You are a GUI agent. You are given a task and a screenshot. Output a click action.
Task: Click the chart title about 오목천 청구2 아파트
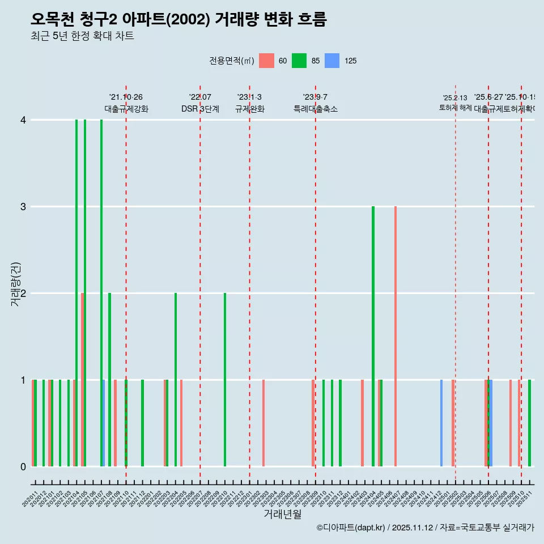[178, 19]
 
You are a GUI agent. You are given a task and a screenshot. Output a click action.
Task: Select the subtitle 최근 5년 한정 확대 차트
[82, 36]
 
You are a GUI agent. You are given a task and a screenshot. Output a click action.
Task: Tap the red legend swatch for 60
[266, 61]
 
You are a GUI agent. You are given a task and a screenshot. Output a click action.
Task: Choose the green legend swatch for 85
[299, 61]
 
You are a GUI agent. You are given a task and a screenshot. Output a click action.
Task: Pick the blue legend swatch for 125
[332, 61]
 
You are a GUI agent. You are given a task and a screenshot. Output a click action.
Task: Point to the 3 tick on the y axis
[23, 207]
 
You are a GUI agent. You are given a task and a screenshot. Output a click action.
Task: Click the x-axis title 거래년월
[282, 514]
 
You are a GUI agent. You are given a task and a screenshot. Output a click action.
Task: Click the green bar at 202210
[225, 380]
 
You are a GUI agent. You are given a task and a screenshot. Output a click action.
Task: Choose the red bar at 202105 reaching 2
[82, 380]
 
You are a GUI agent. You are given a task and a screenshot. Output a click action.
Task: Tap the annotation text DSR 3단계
[200, 109]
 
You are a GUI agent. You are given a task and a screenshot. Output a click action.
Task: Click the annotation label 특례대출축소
[315, 109]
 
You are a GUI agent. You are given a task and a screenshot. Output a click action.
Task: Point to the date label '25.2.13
[455, 98]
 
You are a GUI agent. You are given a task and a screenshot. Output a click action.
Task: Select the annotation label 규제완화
[249, 109]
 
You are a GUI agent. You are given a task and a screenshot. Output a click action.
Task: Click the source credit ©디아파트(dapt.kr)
[351, 528]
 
